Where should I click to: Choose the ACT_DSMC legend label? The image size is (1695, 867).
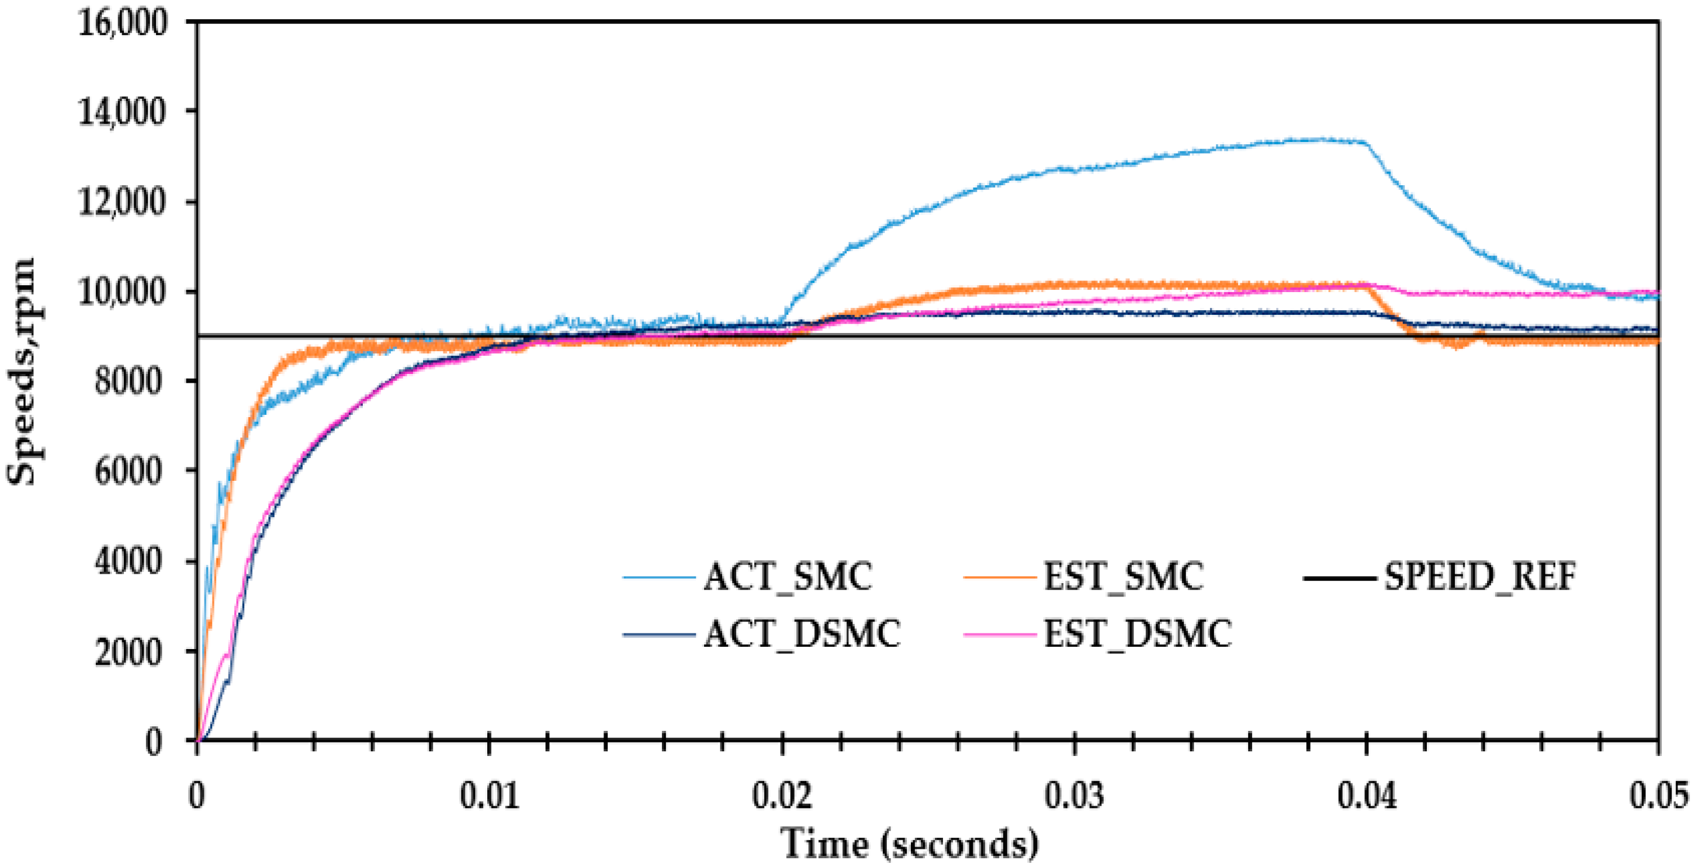pos(802,634)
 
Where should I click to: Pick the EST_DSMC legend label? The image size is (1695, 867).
pos(1138,634)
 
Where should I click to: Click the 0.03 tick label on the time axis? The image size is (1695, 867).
pos(1074,795)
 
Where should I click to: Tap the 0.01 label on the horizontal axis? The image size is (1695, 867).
pos(489,795)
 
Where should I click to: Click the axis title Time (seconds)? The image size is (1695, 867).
pos(910,843)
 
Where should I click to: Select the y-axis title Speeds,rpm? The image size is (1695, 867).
pos(21,372)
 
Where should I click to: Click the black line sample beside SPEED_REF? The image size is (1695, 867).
pos(1340,578)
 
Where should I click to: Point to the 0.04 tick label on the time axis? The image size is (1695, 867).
pos(1367,795)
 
